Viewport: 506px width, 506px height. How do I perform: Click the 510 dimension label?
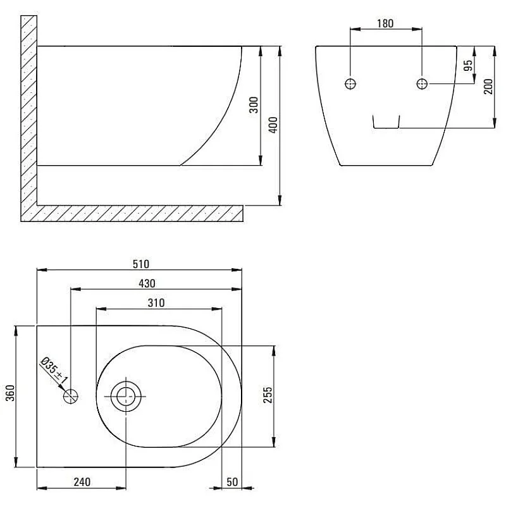click(x=141, y=264)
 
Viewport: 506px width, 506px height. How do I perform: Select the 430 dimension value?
click(x=147, y=283)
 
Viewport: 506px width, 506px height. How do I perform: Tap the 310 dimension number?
click(x=156, y=303)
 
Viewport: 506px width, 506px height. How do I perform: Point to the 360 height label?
click(x=10, y=393)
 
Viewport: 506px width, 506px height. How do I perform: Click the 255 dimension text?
click(x=268, y=395)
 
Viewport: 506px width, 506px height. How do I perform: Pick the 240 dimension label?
click(x=82, y=482)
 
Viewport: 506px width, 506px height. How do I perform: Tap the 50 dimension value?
click(x=232, y=482)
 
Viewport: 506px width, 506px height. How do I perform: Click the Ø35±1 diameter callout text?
click(x=54, y=371)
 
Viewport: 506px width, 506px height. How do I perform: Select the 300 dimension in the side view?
click(x=254, y=105)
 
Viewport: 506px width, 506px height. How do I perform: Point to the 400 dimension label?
click(x=273, y=125)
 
